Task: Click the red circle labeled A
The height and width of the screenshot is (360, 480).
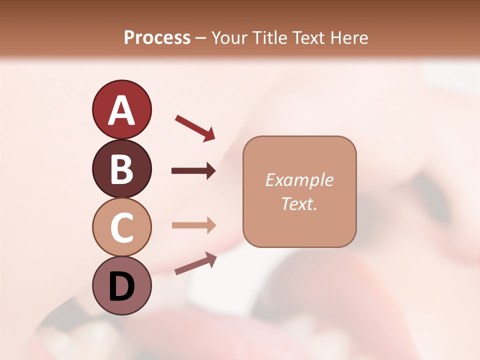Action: [121, 109]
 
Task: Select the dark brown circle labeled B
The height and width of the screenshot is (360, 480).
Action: [121, 168]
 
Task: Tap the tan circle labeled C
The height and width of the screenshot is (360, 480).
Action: [121, 227]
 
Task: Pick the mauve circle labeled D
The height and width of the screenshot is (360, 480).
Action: [121, 285]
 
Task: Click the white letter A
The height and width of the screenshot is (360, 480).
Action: [121, 110]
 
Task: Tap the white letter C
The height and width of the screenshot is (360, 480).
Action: [121, 227]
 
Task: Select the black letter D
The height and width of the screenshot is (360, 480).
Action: [121, 286]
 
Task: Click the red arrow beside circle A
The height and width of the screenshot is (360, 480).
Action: [195, 128]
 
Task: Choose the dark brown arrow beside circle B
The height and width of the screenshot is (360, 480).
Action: [193, 171]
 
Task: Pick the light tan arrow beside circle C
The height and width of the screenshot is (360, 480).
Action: [193, 225]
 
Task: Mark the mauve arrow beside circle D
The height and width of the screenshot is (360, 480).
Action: [195, 263]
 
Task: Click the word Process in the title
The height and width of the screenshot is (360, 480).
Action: [157, 38]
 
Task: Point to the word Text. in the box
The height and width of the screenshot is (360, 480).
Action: [299, 203]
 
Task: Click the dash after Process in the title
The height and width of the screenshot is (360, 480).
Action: [201, 38]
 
